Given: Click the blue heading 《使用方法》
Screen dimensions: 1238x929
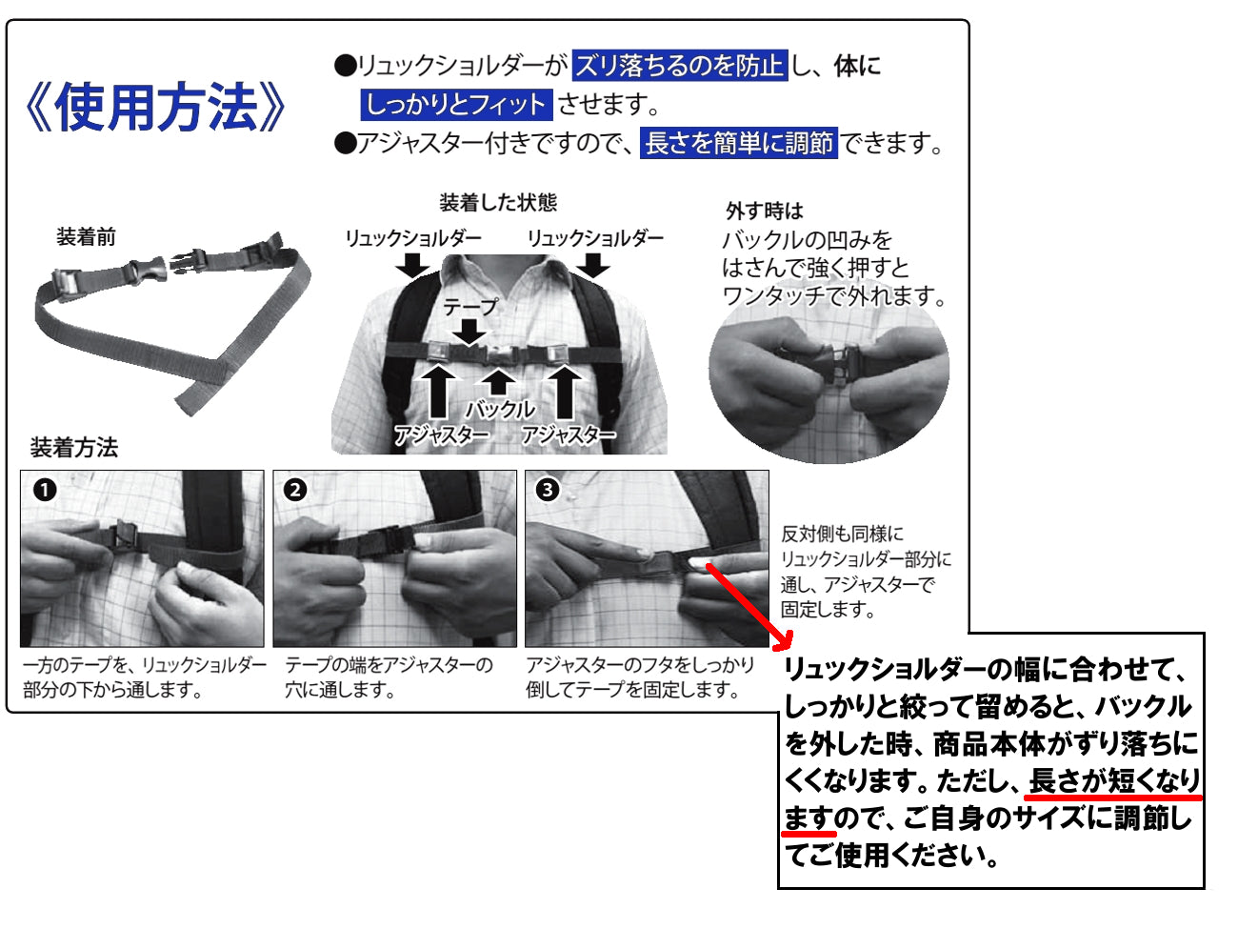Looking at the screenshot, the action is pos(155,106).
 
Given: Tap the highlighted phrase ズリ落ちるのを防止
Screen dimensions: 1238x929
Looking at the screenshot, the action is pos(680,66).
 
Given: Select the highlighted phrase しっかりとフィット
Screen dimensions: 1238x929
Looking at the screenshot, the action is pos(456,105).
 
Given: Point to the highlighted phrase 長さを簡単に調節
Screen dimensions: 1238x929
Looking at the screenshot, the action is pos(738,143).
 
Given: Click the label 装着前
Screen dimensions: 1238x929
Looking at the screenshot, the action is pos(86,237).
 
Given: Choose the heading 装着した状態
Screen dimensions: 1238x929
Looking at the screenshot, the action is pos(498,203).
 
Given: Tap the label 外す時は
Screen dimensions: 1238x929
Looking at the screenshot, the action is pos(765,211).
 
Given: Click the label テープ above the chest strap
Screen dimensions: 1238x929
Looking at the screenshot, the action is pos(470,306).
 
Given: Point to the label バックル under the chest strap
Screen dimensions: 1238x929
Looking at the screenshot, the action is pos(500,409).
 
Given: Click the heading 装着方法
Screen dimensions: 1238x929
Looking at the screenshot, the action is pos(74,447).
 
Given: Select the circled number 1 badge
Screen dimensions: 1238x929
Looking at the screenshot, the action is pos(45,490).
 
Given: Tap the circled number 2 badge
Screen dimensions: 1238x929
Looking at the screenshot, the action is pos(295,490).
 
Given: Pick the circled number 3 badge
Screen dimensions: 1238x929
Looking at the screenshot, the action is pos(547,490).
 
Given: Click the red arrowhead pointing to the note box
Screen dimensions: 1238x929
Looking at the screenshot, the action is pos(783,640).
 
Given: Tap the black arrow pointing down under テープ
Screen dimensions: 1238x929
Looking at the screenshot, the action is pos(469,331).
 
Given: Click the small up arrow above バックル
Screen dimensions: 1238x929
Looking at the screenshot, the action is pos(497,382).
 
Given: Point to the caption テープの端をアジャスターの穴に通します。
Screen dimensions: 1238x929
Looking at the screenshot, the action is pos(389,677).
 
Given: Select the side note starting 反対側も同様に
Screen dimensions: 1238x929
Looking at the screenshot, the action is pos(866,572).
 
